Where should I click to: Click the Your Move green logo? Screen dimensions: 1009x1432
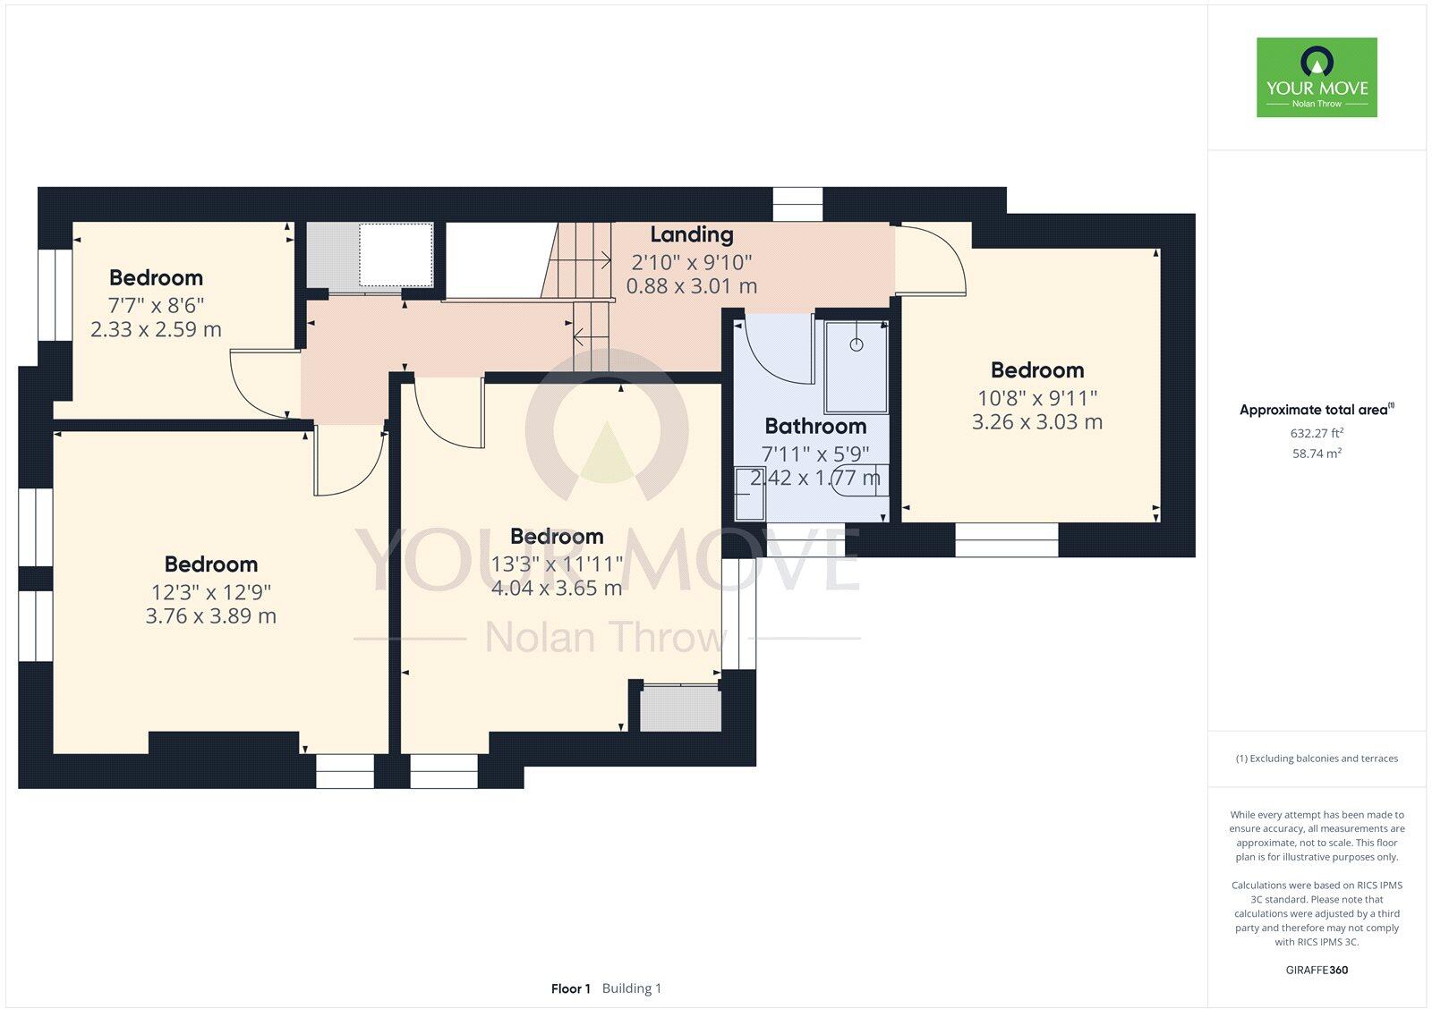tap(1316, 77)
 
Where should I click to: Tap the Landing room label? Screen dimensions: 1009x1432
tap(691, 234)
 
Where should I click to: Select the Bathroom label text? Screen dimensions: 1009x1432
tap(814, 426)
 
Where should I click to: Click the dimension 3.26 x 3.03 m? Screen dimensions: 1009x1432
tap(1036, 421)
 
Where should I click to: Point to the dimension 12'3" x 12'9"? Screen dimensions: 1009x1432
tap(210, 591)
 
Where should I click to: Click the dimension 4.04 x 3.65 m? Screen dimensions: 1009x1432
tap(556, 588)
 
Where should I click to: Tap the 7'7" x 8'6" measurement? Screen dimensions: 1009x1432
tap(156, 304)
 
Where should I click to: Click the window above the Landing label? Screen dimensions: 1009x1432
tap(797, 204)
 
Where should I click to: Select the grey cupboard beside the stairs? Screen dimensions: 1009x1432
tap(370, 255)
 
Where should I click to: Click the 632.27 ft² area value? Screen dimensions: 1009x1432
tap(1316, 433)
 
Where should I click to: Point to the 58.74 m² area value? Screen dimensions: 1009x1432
tap(1316, 454)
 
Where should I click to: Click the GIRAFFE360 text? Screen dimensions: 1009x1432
tap(1316, 970)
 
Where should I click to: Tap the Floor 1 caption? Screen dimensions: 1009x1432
tap(570, 988)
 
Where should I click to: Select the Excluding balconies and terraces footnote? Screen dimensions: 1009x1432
tap(1316, 759)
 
